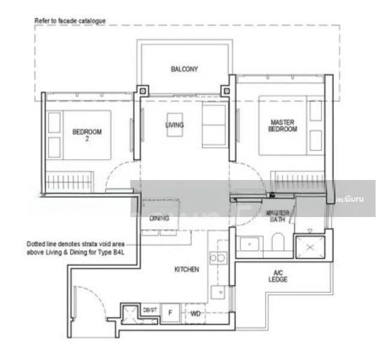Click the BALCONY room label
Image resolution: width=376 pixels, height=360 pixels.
point(184,69)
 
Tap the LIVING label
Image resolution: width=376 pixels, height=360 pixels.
point(175,125)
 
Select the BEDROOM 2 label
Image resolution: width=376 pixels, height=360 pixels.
point(87,135)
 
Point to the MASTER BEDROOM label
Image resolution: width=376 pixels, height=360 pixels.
point(282,125)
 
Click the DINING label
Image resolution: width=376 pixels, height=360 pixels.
point(159,218)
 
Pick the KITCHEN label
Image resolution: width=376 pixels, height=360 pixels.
point(187,270)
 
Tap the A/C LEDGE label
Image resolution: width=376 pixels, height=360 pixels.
point(278,276)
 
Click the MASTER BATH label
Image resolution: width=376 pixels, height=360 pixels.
point(277,216)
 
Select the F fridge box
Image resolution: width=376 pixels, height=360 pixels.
point(170,313)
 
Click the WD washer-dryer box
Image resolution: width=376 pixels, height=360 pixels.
point(195,314)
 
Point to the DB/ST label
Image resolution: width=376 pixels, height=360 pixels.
point(150,310)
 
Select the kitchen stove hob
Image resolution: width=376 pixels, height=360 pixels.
point(216,258)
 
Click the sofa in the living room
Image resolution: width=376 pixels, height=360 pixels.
point(214,124)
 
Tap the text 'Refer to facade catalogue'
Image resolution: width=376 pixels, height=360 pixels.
point(71,21)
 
